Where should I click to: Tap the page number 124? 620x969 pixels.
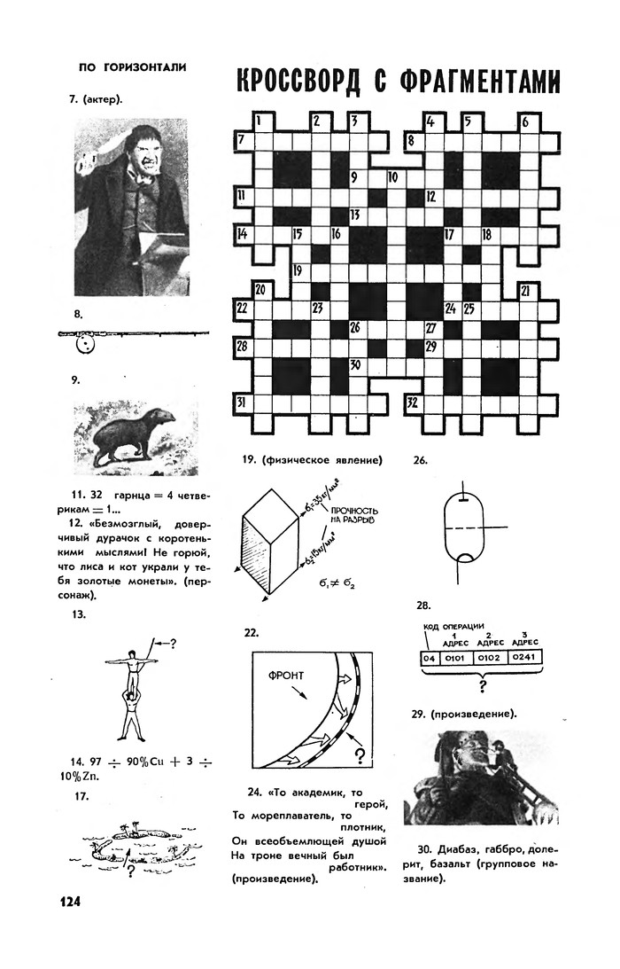click(70, 902)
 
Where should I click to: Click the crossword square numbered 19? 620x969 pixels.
click(300, 271)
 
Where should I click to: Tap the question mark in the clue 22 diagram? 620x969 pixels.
click(360, 755)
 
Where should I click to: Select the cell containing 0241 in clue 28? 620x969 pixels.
click(527, 658)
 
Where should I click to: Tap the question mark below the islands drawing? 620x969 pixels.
click(130, 871)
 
